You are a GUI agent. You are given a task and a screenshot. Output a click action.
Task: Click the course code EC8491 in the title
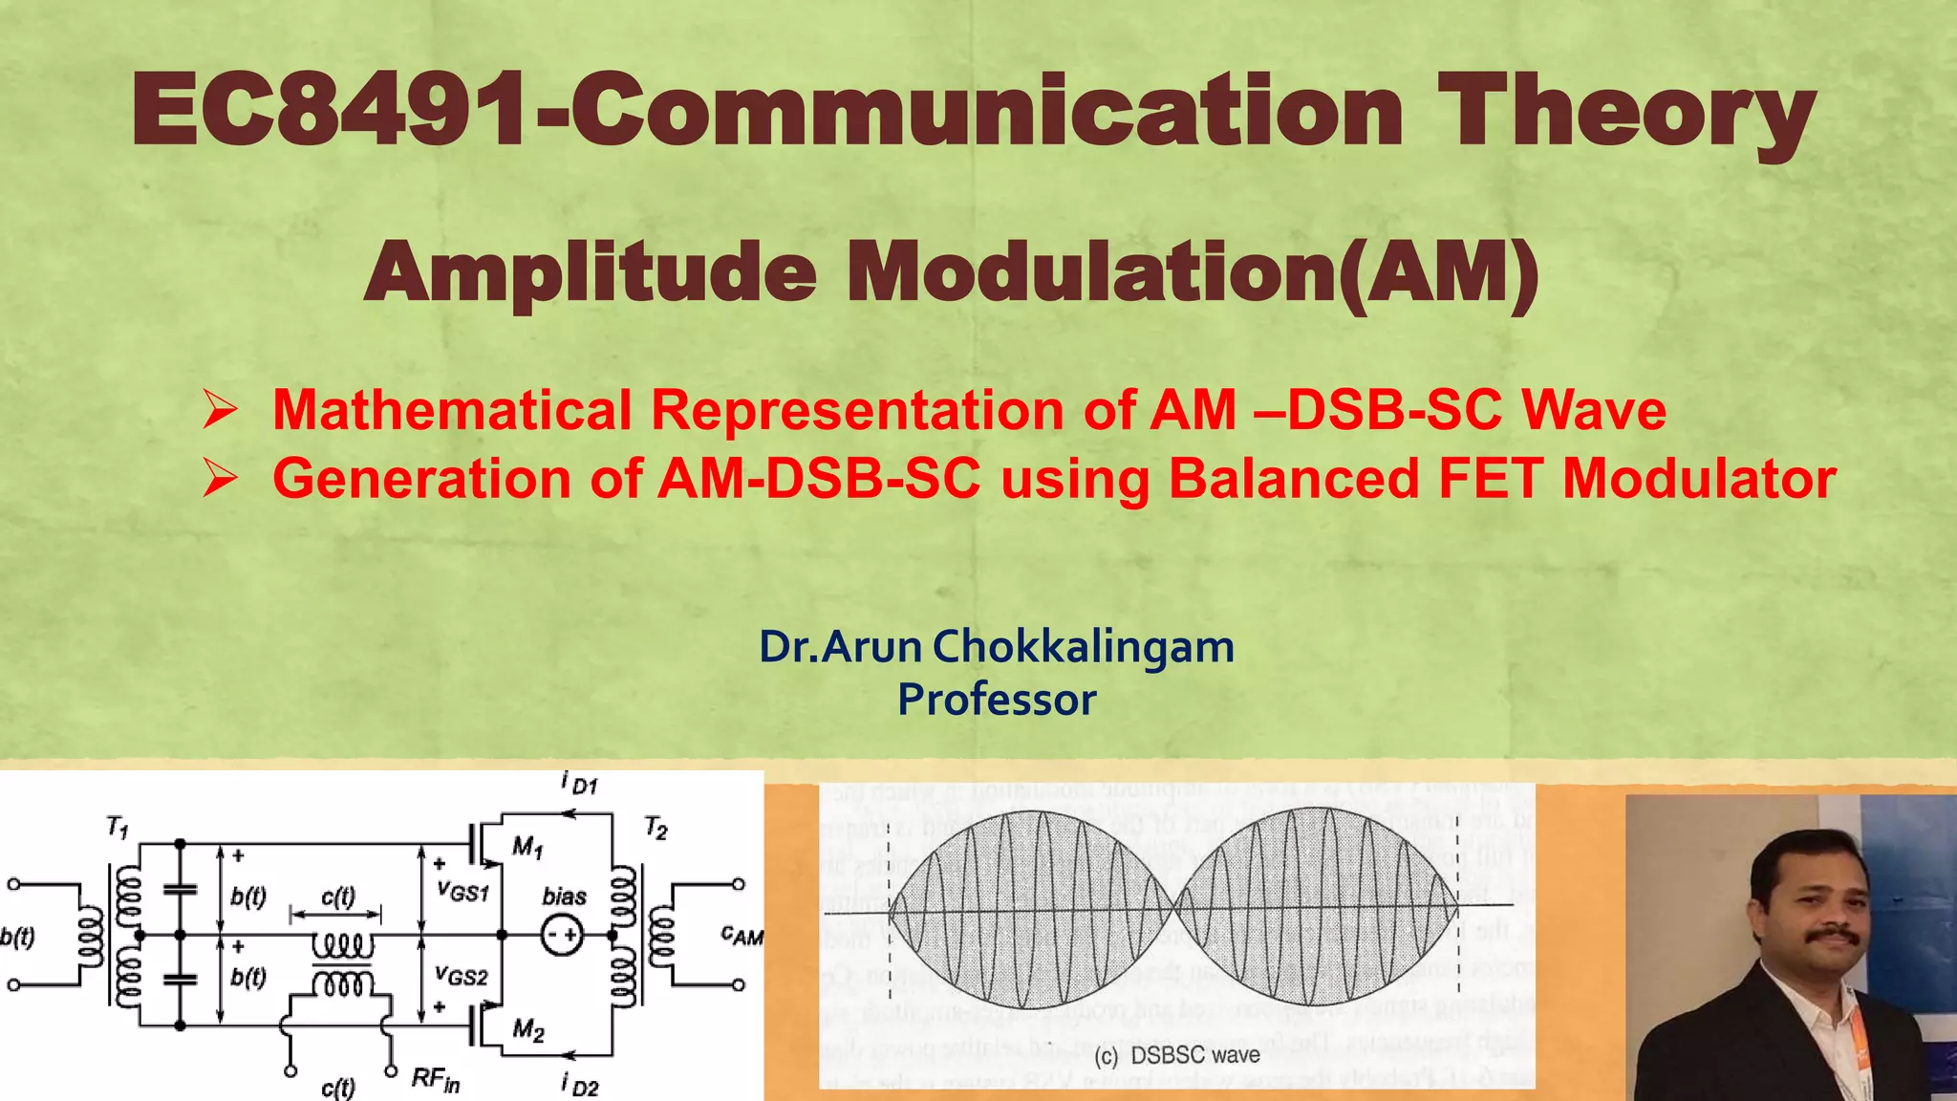point(330,112)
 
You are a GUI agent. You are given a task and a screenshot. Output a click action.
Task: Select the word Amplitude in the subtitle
point(591,273)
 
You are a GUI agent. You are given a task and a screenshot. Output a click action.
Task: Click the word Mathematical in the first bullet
point(452,410)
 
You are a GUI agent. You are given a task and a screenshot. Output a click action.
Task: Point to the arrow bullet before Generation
point(221,478)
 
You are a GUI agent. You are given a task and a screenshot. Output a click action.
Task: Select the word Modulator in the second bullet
point(1699,478)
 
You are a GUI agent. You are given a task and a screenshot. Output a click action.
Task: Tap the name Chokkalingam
point(1083,647)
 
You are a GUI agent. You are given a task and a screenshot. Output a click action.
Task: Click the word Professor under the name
point(997,700)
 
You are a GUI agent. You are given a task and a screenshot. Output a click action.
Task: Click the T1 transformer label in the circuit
point(117,827)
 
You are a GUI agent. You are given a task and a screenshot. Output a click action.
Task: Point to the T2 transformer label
point(656,827)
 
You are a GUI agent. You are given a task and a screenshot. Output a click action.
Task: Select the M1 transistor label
point(527,847)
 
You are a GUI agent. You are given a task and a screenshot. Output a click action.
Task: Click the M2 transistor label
point(527,1029)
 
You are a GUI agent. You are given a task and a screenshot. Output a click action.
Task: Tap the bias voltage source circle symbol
point(561,936)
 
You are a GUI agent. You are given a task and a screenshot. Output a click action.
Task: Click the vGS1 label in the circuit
point(462,891)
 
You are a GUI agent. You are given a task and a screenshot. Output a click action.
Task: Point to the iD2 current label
point(580,1085)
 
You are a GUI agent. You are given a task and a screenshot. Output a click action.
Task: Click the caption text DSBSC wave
point(1194,1056)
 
